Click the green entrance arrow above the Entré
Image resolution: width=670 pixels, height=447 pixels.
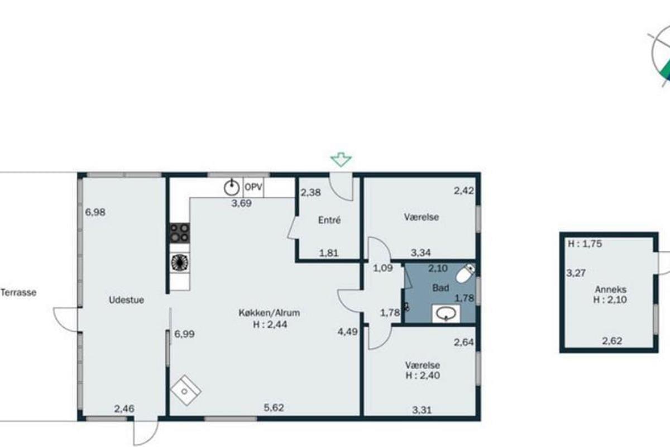[341, 159]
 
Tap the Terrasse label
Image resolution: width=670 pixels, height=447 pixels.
[18, 293]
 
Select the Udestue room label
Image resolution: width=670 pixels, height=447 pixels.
[126, 299]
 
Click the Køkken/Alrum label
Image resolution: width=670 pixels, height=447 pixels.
[269, 313]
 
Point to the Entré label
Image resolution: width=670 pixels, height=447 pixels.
[329, 220]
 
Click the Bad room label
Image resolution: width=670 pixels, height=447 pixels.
[441, 288]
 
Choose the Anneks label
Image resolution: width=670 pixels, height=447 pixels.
[610, 289]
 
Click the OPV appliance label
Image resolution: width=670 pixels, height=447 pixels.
[253, 187]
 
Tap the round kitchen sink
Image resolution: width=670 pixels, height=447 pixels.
[232, 188]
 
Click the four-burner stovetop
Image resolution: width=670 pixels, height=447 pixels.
[180, 233]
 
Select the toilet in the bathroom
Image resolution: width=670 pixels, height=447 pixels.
[466, 273]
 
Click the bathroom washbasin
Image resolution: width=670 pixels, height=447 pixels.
[446, 314]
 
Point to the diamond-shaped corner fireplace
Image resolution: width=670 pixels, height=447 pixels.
[186, 391]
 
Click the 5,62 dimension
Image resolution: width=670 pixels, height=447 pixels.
[274, 407]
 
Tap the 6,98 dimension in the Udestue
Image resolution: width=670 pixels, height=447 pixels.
[95, 212]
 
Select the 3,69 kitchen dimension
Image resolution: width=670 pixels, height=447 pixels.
[241, 203]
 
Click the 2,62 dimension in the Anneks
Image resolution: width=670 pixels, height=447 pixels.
[612, 341]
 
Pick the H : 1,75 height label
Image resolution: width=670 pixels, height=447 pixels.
[585, 244]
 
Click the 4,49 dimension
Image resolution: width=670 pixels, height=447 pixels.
[347, 331]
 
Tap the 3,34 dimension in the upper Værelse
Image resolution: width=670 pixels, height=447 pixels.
[420, 253]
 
